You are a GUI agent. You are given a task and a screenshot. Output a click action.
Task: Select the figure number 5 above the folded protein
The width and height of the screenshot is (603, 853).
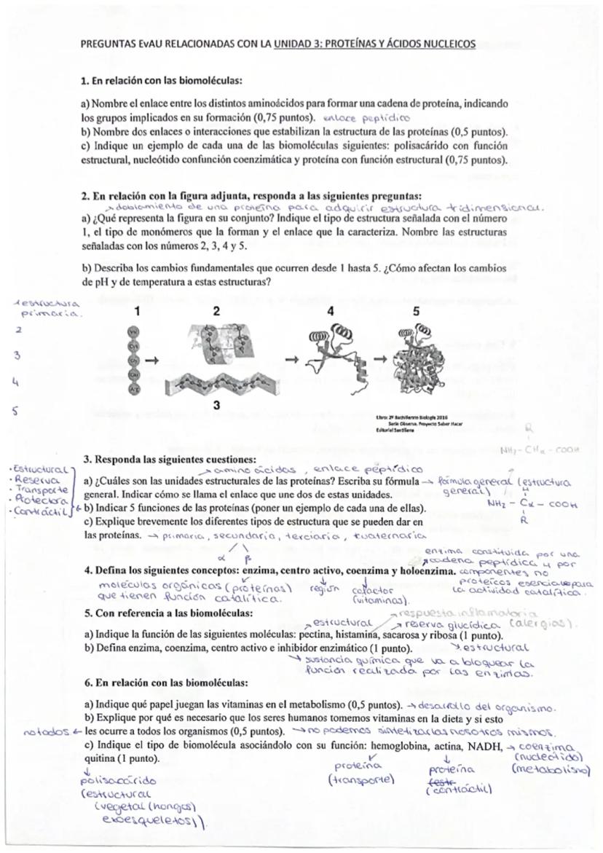click(x=417, y=311)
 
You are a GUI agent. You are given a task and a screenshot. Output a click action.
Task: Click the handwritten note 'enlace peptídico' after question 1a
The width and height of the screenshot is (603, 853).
click(x=367, y=117)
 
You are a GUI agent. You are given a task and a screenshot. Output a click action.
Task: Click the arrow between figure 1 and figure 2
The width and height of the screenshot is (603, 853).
click(x=152, y=360)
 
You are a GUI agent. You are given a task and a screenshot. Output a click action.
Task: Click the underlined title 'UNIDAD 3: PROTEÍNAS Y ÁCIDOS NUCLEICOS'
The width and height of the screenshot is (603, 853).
click(x=374, y=44)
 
